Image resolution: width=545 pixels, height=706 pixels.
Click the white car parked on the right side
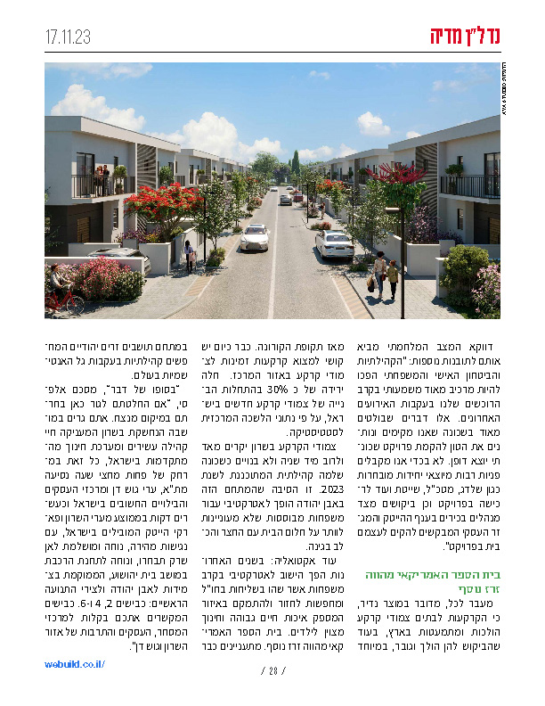[x=334, y=242]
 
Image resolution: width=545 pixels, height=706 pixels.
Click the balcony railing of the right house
[x=468, y=185]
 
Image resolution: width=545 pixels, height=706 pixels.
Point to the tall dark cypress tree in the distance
[x=295, y=165]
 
